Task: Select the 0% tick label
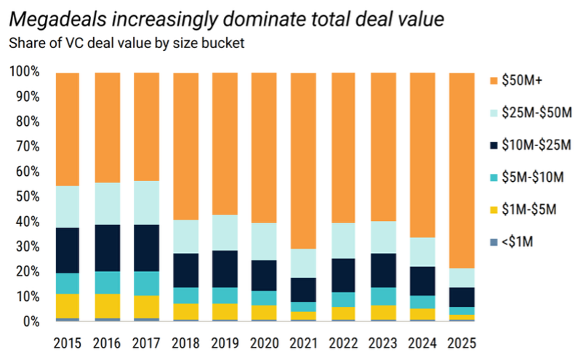tap(31, 321)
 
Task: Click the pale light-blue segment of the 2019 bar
tap(224, 233)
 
